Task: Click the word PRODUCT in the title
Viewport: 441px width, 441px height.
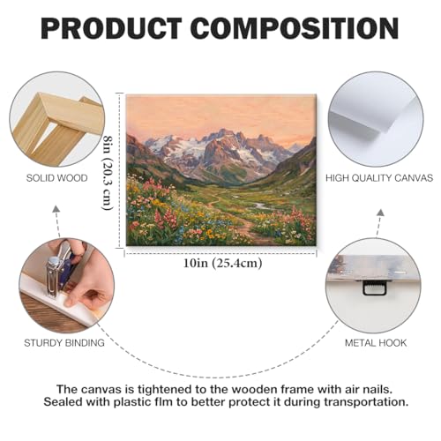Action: coord(111,28)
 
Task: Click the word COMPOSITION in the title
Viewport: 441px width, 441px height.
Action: coord(295,28)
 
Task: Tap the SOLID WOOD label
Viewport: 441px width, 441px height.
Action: coord(57,178)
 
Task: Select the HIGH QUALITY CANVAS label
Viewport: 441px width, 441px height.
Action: coord(379,178)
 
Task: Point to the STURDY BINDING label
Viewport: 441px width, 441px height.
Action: coord(64,343)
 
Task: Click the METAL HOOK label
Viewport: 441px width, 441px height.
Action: coord(376,343)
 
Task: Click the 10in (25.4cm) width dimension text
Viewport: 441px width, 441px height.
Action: coord(222,263)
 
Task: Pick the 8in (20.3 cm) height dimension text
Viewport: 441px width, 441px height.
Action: coord(108,173)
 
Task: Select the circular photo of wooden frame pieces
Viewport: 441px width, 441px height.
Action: coord(57,120)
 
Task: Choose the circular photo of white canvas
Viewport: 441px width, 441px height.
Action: coord(376,120)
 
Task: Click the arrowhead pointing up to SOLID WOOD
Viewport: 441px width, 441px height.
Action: coord(56,209)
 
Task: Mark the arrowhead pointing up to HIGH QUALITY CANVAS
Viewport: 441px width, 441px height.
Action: coord(380,213)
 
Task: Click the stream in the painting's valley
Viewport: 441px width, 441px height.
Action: coord(258,205)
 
